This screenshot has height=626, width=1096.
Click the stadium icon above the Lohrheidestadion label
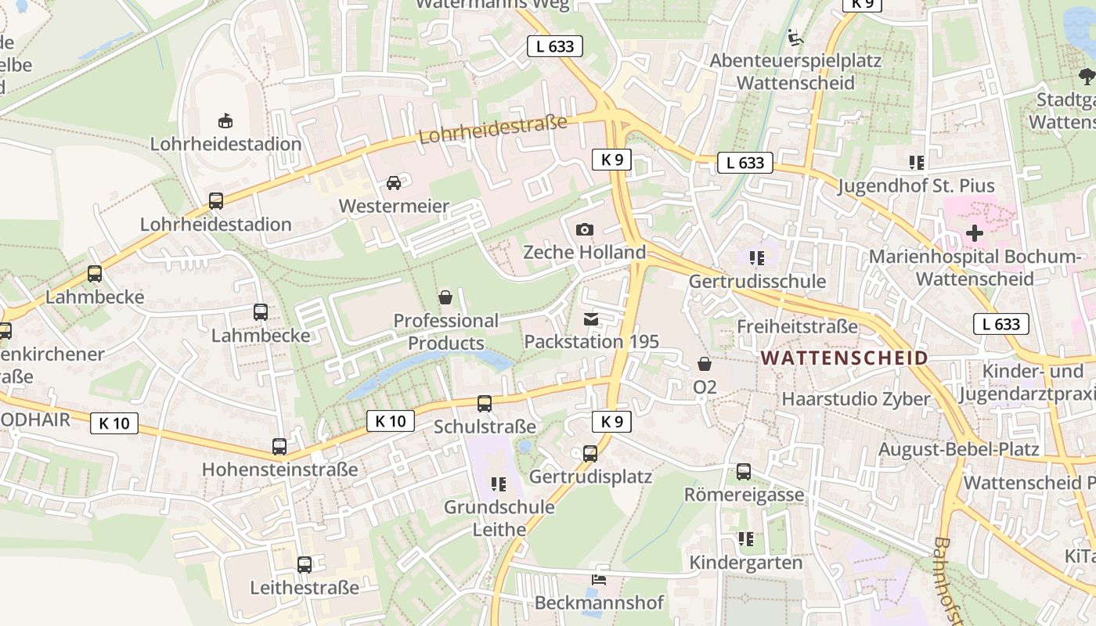[x=225, y=121]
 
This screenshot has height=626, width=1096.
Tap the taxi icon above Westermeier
[x=393, y=183]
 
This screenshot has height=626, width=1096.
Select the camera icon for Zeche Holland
[x=584, y=229]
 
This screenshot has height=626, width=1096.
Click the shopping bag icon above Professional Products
[x=445, y=297]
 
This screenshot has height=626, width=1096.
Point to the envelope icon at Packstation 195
[x=591, y=319]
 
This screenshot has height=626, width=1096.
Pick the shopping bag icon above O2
[x=705, y=364]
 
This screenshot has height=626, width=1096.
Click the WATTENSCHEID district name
[x=844, y=358]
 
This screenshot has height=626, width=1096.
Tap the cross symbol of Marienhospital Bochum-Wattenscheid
[x=974, y=233]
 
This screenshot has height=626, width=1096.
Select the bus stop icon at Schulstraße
[x=485, y=404]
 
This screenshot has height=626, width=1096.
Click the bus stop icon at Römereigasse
[x=744, y=472]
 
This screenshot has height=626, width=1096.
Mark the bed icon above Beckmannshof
[x=599, y=580]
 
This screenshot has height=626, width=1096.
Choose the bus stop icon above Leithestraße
[x=305, y=564]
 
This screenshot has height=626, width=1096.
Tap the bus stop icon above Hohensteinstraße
[x=279, y=447]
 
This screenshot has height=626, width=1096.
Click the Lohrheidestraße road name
[x=492, y=130]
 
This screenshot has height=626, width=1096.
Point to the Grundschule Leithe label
[x=499, y=518]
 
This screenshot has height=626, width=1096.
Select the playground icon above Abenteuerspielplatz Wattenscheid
[x=795, y=37]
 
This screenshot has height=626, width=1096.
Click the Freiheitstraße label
[x=797, y=326]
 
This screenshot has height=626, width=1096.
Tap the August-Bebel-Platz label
[x=958, y=449]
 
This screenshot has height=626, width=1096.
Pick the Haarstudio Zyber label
[x=856, y=399]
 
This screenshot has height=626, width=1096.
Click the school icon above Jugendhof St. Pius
[x=917, y=163]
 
